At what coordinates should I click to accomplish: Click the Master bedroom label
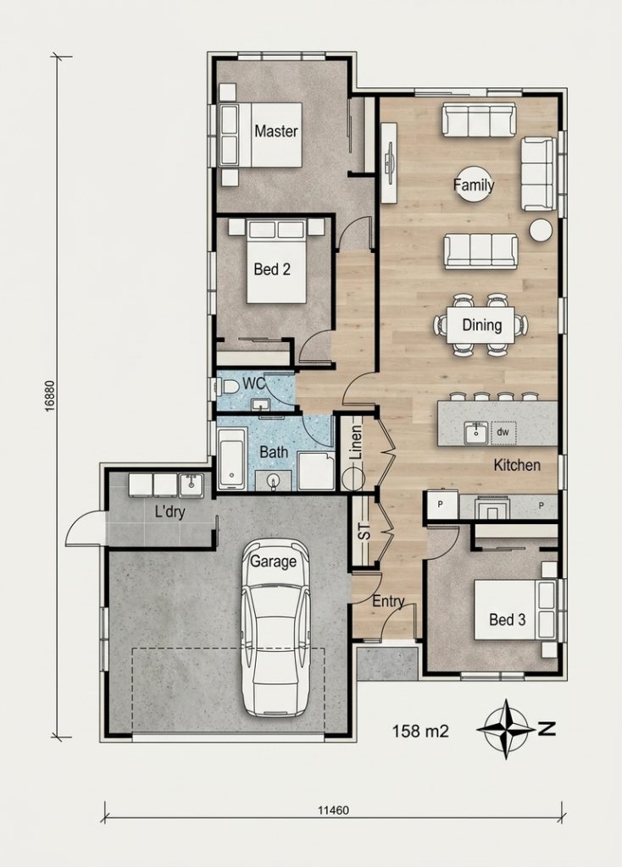click(276, 131)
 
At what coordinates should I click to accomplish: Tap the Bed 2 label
click(272, 269)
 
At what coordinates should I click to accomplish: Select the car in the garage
click(276, 627)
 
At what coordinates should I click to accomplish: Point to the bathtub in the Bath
click(231, 458)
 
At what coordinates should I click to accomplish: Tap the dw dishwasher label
click(503, 432)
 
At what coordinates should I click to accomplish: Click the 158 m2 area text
click(420, 731)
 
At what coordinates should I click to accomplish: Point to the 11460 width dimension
click(333, 810)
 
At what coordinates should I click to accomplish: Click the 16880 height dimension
click(50, 395)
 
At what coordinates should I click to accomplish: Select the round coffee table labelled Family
click(474, 185)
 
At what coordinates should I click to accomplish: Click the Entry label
click(388, 601)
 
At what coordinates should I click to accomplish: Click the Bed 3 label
click(507, 620)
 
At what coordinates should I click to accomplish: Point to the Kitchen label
click(517, 465)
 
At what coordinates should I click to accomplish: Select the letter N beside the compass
click(547, 729)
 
